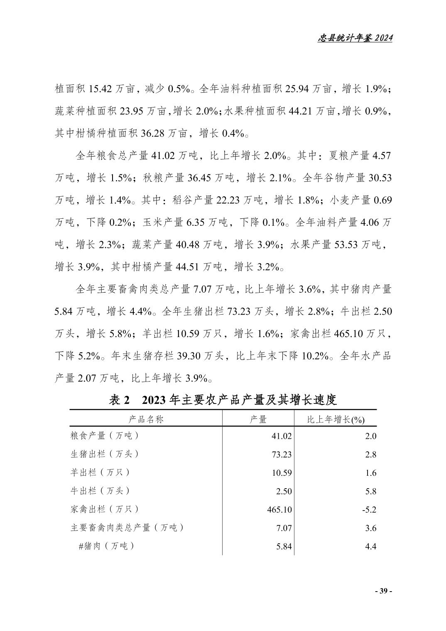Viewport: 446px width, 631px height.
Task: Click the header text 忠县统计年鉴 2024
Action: (x=355, y=38)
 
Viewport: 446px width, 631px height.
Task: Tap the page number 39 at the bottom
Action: (x=383, y=591)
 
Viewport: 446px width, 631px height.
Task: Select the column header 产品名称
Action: (x=146, y=419)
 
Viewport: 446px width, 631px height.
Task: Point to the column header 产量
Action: (x=258, y=419)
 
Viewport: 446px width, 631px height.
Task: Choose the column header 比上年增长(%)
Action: (x=336, y=420)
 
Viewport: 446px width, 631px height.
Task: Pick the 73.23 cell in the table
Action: (x=282, y=454)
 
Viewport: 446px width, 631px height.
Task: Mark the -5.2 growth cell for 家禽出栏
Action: (x=369, y=509)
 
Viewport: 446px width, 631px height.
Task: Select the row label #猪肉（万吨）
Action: (x=106, y=546)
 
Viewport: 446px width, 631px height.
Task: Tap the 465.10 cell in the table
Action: (x=279, y=509)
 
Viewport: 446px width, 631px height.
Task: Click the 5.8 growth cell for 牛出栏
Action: (x=370, y=491)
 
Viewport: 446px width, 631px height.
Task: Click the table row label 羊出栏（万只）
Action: (x=100, y=472)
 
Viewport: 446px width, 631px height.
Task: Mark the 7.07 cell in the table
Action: (x=284, y=528)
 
